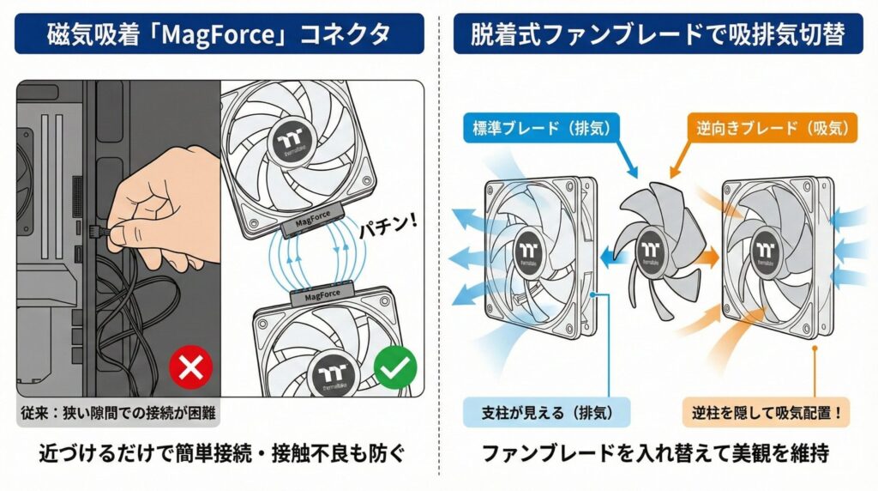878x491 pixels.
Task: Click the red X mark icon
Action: (191, 369)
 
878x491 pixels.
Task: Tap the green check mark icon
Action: (395, 368)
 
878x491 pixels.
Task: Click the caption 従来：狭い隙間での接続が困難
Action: (118, 412)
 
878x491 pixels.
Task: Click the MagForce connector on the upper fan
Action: (312, 224)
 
